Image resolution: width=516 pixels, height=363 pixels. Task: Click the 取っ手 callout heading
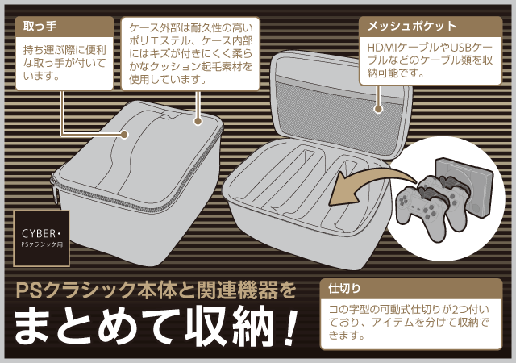[x=40, y=27]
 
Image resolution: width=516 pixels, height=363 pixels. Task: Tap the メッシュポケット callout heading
[x=412, y=26]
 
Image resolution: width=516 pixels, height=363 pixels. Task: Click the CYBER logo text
[x=40, y=234]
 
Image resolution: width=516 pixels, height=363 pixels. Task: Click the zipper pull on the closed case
[x=55, y=189]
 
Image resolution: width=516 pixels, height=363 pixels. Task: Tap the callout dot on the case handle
[x=124, y=135]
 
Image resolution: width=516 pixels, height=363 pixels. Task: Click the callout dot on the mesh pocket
[x=378, y=109]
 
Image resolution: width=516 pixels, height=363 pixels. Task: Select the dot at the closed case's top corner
[x=198, y=121]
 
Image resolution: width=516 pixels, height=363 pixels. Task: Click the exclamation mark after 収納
[x=289, y=326]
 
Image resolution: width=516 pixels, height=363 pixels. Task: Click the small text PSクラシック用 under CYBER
[x=42, y=244]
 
